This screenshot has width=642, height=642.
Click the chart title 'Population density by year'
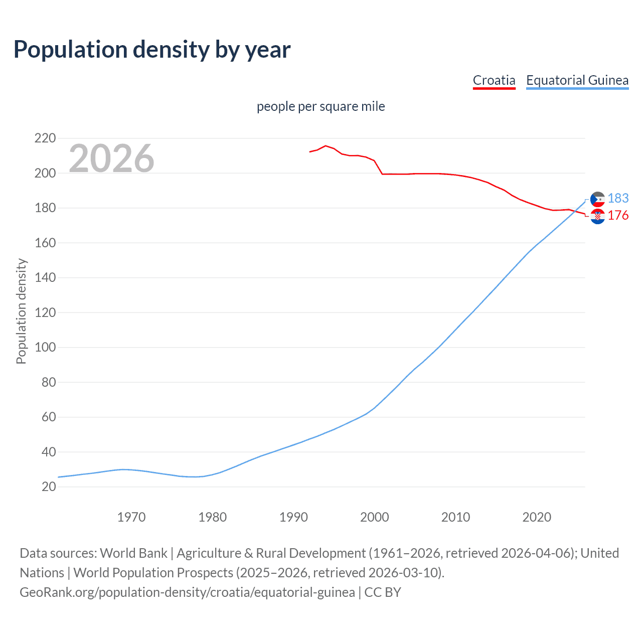pyautogui.click(x=152, y=50)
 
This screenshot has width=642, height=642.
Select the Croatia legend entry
pyautogui.click(x=494, y=80)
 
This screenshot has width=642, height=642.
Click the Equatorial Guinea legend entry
pyautogui.click(x=577, y=80)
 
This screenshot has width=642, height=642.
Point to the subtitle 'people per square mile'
pyautogui.click(x=320, y=106)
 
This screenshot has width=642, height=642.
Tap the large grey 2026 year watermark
pyautogui.click(x=111, y=158)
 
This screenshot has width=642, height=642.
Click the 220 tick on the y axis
pyautogui.click(x=45, y=138)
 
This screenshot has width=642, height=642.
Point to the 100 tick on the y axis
pyautogui.click(x=45, y=347)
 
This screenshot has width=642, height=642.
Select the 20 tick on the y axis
pyautogui.click(x=49, y=487)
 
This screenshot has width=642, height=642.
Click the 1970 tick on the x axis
pyautogui.click(x=131, y=517)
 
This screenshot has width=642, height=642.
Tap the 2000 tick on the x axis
pyautogui.click(x=375, y=517)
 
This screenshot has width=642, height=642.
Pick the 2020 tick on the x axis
pyautogui.click(x=537, y=517)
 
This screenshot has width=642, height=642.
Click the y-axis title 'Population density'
pyautogui.click(x=21, y=311)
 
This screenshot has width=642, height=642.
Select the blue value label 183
pyautogui.click(x=618, y=198)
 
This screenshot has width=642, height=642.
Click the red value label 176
pyautogui.click(x=618, y=215)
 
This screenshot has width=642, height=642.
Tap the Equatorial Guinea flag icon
pyautogui.click(x=597, y=199)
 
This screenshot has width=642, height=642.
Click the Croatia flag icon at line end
pyautogui.click(x=597, y=217)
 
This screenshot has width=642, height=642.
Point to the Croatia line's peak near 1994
pyautogui.click(x=326, y=146)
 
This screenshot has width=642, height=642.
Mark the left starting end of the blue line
pyautogui.click(x=59, y=477)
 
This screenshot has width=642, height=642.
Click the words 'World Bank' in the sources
pyautogui.click(x=133, y=553)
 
